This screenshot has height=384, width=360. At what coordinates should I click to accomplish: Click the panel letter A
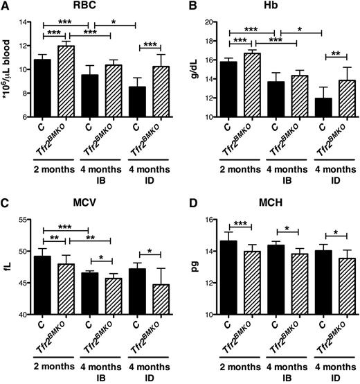coord(6,7)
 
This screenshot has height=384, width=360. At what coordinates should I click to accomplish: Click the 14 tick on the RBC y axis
coord(26,23)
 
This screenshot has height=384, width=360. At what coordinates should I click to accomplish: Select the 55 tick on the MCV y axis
coord(26,220)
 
